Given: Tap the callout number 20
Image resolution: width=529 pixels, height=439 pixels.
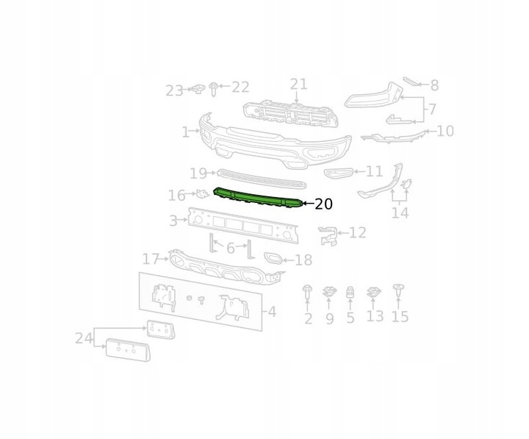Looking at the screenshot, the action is [323, 204].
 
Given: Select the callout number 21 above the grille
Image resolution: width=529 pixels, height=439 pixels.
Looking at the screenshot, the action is [298, 84].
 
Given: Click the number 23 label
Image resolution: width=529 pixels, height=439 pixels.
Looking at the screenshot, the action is [174, 91].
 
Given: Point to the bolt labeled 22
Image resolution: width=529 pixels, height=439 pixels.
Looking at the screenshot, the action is [214, 89].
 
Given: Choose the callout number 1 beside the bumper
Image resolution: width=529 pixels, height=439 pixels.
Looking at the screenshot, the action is [186, 132].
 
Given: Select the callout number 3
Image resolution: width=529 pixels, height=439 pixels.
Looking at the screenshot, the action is [173, 220].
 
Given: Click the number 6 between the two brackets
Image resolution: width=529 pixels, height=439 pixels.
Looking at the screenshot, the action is [230, 249].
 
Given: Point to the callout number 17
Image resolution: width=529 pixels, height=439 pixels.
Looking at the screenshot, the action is [151, 259].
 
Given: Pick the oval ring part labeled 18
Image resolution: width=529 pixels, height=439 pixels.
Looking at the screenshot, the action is [272, 258].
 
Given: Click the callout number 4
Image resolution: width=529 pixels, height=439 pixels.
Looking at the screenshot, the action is [272, 312].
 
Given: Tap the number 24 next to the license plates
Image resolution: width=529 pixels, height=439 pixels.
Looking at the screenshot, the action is [83, 338].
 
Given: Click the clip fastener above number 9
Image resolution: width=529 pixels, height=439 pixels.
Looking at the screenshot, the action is [329, 292].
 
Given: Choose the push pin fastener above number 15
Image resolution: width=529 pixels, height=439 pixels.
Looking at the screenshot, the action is [399, 289].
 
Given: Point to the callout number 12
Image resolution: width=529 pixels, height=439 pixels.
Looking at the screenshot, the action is [357, 232].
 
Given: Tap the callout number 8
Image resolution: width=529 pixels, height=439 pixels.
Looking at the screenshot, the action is [434, 85].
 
